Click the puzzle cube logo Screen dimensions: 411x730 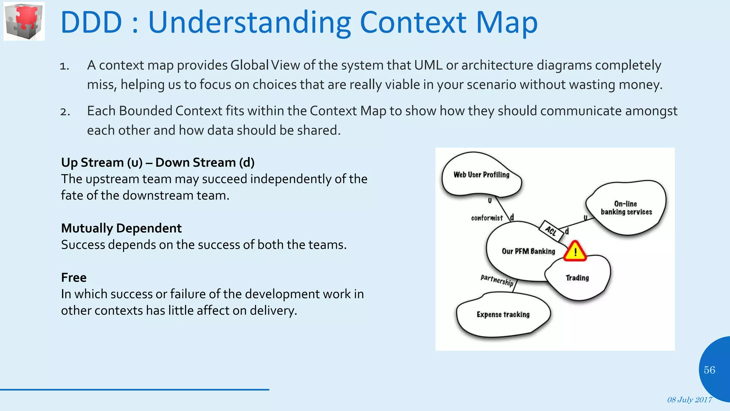tap(24, 21)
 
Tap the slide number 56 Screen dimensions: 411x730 tap(709, 370)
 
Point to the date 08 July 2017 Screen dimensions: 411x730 tap(689, 400)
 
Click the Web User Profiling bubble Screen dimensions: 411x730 tap(481, 175)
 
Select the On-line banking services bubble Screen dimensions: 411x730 tap(626, 208)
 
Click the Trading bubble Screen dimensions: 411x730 tap(577, 278)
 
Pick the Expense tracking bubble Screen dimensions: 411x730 tap(503, 315)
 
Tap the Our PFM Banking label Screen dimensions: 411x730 tap(528, 251)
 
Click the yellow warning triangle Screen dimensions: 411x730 tap(575, 252)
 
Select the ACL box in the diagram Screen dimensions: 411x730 tap(551, 231)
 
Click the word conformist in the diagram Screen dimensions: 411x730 tap(487, 218)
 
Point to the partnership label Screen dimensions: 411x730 tap(497, 280)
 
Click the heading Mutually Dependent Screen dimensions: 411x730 tap(121, 228)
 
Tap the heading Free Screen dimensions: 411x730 tap(74, 278)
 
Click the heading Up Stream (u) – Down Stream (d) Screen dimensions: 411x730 tap(158, 163)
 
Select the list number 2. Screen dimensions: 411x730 tap(65, 112)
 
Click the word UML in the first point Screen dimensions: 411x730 tap(428, 65)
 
